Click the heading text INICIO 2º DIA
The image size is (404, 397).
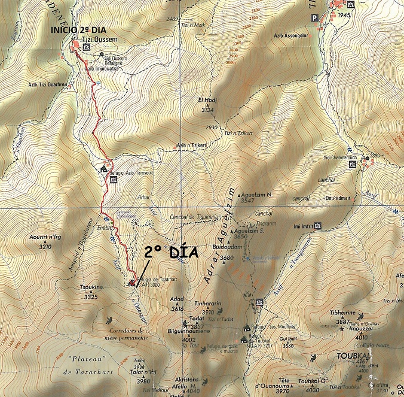(81, 31)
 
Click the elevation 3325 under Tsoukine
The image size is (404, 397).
(90, 296)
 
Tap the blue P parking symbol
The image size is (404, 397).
(314, 18)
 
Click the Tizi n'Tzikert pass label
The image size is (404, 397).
(240, 134)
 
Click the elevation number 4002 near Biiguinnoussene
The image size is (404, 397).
(188, 340)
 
